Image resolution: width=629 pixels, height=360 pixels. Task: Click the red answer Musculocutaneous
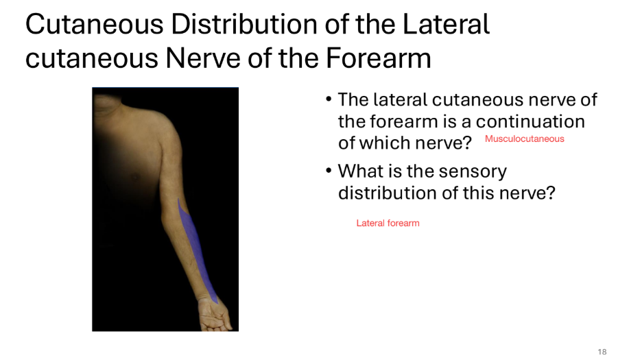tap(524, 139)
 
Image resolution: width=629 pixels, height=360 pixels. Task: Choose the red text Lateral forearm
tap(388, 224)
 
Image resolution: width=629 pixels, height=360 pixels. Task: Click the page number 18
tap(602, 352)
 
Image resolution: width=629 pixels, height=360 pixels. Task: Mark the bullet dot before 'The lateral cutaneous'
tap(329, 100)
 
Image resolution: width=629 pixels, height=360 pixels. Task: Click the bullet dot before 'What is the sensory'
tap(329, 171)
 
